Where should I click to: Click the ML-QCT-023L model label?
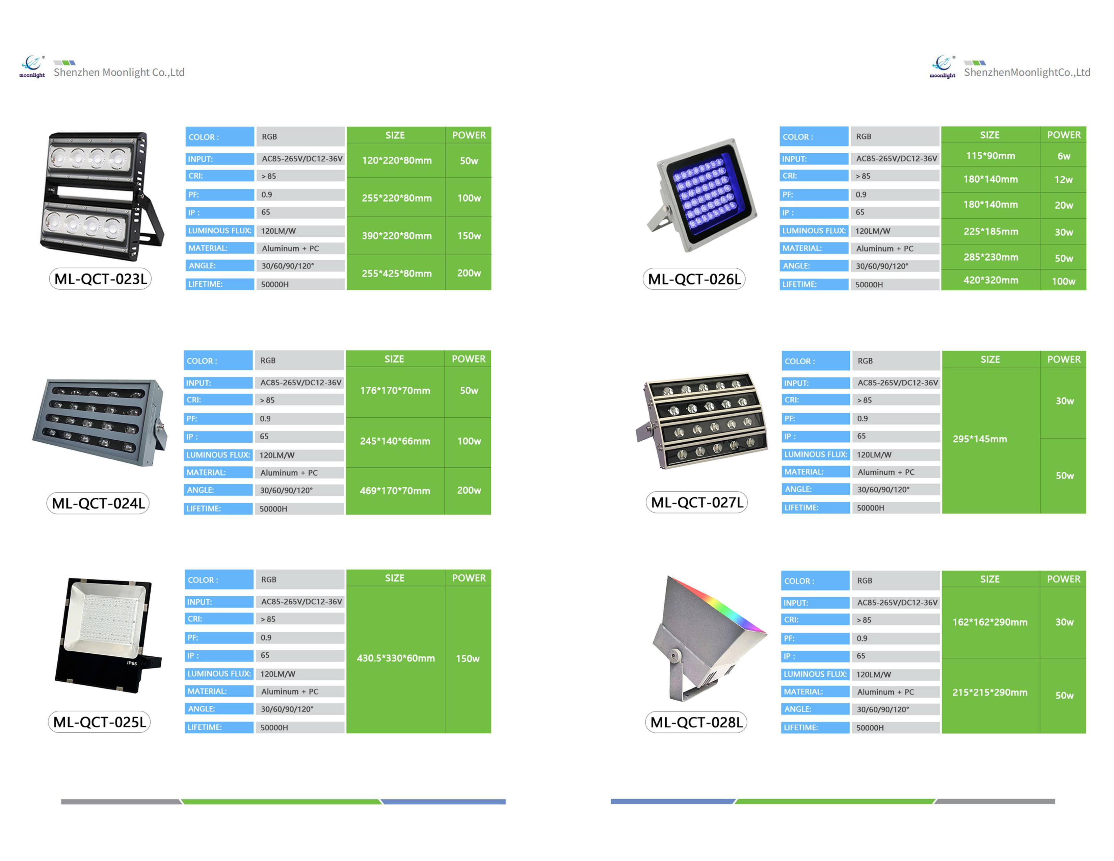101,279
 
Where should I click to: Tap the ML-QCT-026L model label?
694,279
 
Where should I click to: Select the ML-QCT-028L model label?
696,722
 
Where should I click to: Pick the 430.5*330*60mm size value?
396,658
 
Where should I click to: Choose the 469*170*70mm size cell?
395,491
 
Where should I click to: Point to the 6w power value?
1063,156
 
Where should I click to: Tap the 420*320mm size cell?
990,280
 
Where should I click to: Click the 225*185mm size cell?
990,232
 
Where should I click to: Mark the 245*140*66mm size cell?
395,441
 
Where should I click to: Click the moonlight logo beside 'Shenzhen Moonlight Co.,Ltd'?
32,66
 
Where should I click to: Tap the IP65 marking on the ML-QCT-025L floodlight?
132,663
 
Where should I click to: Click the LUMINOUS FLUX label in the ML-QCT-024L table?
218,455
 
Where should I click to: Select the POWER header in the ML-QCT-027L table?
1063,360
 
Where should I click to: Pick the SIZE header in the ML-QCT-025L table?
394,578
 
